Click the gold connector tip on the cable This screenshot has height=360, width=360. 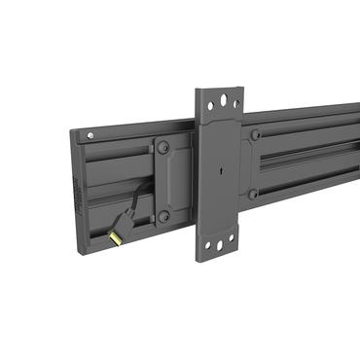(x=116, y=235)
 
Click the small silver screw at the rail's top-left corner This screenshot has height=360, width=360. (x=90, y=135)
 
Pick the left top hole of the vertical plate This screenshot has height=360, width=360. (x=210, y=105)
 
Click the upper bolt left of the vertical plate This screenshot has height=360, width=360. (x=163, y=148)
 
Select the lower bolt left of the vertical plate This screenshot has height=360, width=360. (x=163, y=215)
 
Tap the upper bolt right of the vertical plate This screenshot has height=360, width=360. (x=255, y=135)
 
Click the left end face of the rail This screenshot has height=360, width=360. (x=79, y=195)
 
